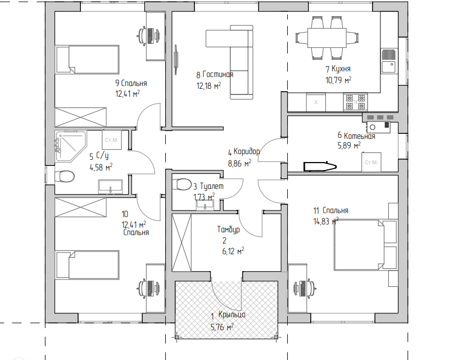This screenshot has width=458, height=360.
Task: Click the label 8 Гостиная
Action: point(215,75)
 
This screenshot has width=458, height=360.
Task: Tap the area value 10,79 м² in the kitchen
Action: point(338,80)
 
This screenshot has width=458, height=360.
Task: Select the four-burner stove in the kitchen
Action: point(355,102)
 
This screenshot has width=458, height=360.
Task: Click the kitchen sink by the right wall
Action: point(388,61)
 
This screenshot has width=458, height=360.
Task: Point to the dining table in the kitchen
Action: point(327,38)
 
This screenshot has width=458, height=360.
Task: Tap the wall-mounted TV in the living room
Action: point(176,60)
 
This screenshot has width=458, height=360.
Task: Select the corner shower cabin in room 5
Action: point(70,146)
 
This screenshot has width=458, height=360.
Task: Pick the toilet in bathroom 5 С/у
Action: point(65,177)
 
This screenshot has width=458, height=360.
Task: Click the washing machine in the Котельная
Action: point(371,162)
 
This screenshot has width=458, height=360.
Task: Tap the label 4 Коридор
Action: point(244,152)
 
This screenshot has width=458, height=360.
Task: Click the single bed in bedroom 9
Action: point(87,60)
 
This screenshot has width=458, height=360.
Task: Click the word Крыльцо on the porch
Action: point(232,314)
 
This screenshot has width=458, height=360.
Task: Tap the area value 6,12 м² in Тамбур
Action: point(233,251)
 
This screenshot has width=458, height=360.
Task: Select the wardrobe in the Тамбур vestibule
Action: point(182,243)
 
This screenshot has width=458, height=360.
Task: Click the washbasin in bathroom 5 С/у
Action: point(110,187)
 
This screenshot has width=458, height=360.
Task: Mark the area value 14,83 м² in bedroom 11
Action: point(326,222)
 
